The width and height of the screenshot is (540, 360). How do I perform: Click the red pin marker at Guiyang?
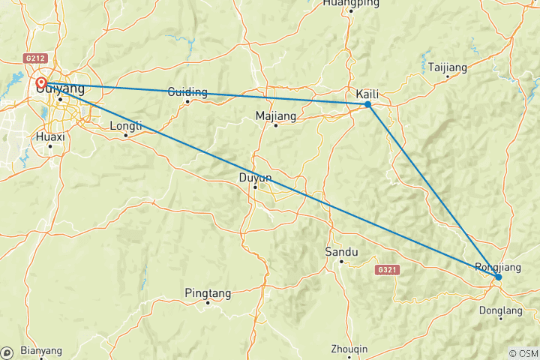[x=42, y=83]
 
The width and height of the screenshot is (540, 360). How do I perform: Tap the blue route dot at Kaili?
[x=368, y=104]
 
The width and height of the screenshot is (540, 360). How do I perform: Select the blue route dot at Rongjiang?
[x=498, y=277]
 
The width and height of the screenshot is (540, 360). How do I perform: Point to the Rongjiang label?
[x=496, y=267]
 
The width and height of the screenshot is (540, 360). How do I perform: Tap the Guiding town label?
[x=187, y=92]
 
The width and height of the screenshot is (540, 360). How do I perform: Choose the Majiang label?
[x=276, y=116]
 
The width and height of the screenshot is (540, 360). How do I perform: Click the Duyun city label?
[x=254, y=178]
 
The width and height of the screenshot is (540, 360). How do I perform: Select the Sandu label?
[x=341, y=252]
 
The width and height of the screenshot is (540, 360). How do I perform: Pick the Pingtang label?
[x=208, y=293]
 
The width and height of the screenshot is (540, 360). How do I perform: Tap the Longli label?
[x=125, y=126]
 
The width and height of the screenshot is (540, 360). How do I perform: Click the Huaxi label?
[x=50, y=137]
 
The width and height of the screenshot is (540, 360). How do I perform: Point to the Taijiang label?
[x=448, y=67]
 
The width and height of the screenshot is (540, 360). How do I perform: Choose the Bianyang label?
[x=41, y=350]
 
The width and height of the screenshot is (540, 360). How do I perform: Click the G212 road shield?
[x=35, y=57]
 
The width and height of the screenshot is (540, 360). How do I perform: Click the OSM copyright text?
[x=523, y=353]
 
